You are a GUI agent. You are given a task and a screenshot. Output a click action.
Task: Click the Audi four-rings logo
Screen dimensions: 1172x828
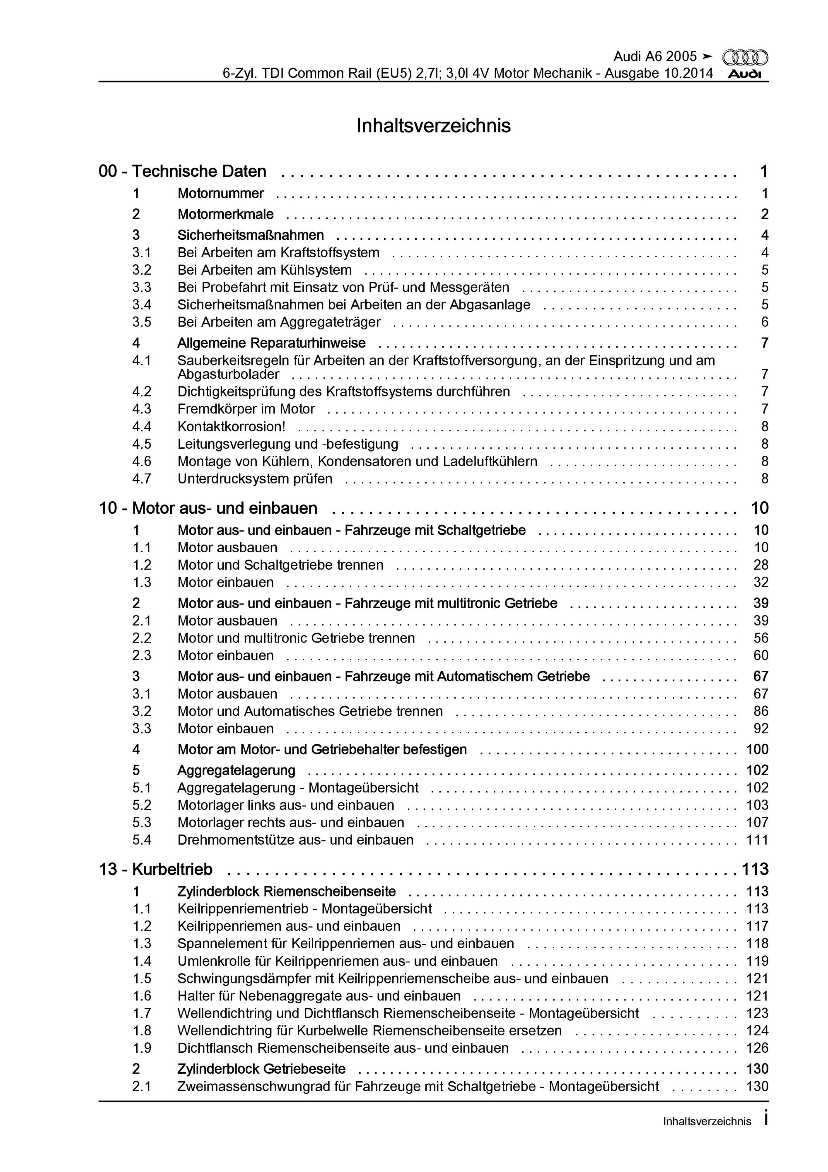point(745,57)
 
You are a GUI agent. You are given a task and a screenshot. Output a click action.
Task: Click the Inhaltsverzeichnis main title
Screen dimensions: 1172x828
point(433,126)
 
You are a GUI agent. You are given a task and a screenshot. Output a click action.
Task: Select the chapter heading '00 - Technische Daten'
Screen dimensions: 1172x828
point(182,172)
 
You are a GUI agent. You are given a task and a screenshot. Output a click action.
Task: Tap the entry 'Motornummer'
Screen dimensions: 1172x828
point(220,193)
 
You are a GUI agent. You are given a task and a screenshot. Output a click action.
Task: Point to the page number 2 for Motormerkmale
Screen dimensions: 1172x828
point(764,215)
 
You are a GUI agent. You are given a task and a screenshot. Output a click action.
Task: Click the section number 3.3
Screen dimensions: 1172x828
point(142,288)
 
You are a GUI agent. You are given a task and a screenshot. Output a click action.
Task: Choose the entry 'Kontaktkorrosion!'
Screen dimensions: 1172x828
point(231,426)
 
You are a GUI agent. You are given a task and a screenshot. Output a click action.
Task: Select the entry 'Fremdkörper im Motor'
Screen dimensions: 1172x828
point(246,409)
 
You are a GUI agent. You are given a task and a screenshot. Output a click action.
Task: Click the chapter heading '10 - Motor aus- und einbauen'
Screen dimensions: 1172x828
point(208,508)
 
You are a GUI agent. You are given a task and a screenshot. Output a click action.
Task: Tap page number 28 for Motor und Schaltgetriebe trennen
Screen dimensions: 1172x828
point(760,565)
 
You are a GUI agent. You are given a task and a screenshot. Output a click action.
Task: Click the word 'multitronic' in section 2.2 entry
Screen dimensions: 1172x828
point(275,638)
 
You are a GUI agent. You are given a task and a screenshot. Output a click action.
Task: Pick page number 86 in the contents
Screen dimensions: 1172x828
point(760,711)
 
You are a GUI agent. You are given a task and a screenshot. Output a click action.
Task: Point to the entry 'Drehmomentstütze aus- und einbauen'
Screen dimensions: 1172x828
point(295,840)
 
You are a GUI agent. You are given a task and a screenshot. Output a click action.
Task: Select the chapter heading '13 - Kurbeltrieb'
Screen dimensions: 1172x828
point(156,869)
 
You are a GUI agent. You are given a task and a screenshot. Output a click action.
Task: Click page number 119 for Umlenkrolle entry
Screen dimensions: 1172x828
point(757,961)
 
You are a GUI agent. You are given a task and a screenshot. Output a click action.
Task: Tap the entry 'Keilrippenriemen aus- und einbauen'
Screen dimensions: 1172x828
point(289,926)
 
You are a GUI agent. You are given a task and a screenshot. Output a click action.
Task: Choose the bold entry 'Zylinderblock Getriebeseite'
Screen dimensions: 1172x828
point(261,1069)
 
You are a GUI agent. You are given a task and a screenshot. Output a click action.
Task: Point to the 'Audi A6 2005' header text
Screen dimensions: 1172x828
point(654,56)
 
